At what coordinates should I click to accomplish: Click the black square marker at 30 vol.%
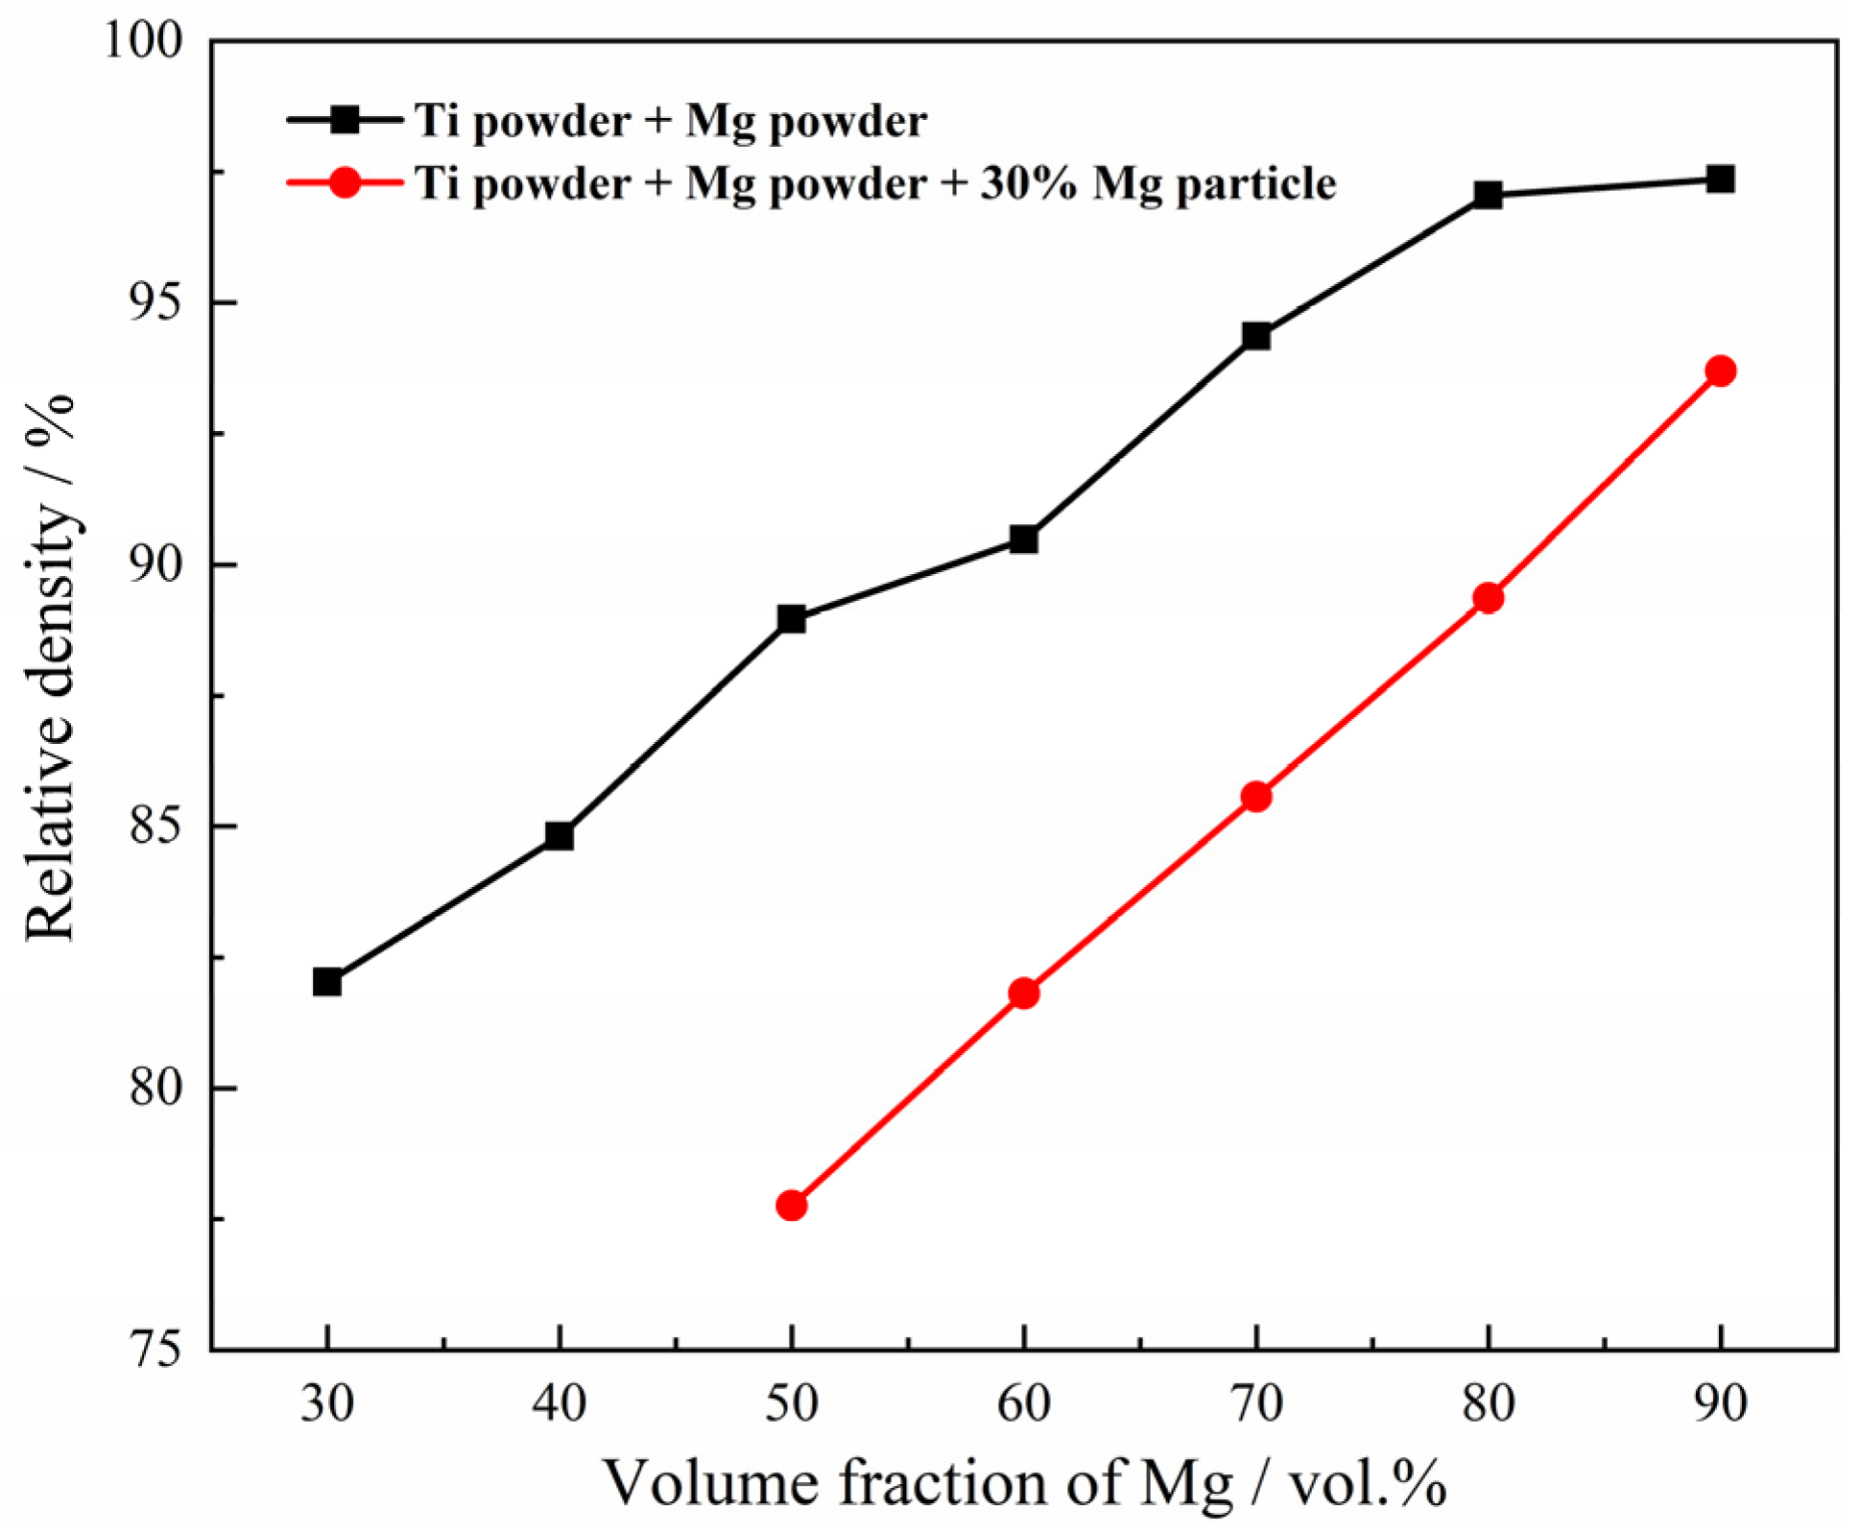click(327, 982)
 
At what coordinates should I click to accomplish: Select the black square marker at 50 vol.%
click(792, 618)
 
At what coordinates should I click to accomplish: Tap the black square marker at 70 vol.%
click(1256, 336)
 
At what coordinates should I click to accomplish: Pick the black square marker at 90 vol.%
click(1721, 180)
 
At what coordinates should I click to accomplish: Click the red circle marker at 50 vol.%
click(792, 1205)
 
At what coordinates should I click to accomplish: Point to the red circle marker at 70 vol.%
click(1256, 796)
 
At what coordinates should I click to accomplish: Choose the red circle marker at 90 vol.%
click(1721, 371)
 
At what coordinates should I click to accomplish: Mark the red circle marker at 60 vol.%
click(1024, 993)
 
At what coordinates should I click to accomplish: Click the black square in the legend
click(344, 120)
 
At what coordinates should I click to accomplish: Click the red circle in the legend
click(344, 182)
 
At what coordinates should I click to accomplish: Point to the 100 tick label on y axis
click(142, 42)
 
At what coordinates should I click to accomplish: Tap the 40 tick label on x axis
click(559, 1403)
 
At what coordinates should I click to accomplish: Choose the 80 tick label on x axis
click(1488, 1403)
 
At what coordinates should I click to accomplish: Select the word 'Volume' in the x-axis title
click(710, 1482)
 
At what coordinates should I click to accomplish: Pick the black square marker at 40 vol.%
click(559, 836)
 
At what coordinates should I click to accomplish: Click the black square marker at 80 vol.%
click(1488, 196)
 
